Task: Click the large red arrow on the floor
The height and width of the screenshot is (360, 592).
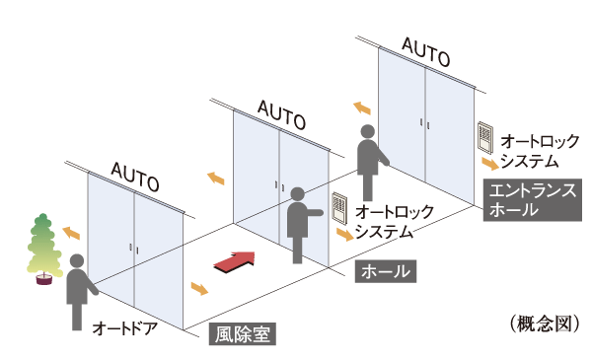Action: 236,260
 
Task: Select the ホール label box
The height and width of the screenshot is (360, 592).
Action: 384,271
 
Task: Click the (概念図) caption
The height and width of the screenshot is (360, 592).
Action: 542,324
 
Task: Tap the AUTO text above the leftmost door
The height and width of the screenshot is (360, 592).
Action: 134,176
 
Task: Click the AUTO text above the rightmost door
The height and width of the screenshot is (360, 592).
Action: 427,49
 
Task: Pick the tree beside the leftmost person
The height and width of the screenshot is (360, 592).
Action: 42,242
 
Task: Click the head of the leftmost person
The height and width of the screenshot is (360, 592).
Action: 77,262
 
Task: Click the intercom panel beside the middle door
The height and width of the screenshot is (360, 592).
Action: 338,207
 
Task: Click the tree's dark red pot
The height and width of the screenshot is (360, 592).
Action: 42,280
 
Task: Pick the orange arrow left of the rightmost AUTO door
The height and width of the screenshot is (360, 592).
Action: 361,107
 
